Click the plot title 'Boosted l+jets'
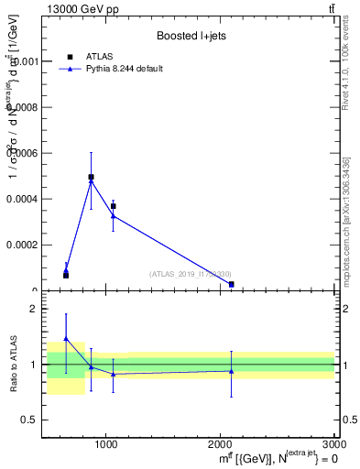click(x=191, y=36)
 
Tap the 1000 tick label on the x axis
click(x=106, y=443)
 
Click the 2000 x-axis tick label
click(x=220, y=443)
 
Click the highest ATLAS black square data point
click(x=91, y=177)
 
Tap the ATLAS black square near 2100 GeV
click(x=231, y=284)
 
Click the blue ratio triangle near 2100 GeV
click(x=231, y=371)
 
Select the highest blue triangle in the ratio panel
click(x=66, y=338)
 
